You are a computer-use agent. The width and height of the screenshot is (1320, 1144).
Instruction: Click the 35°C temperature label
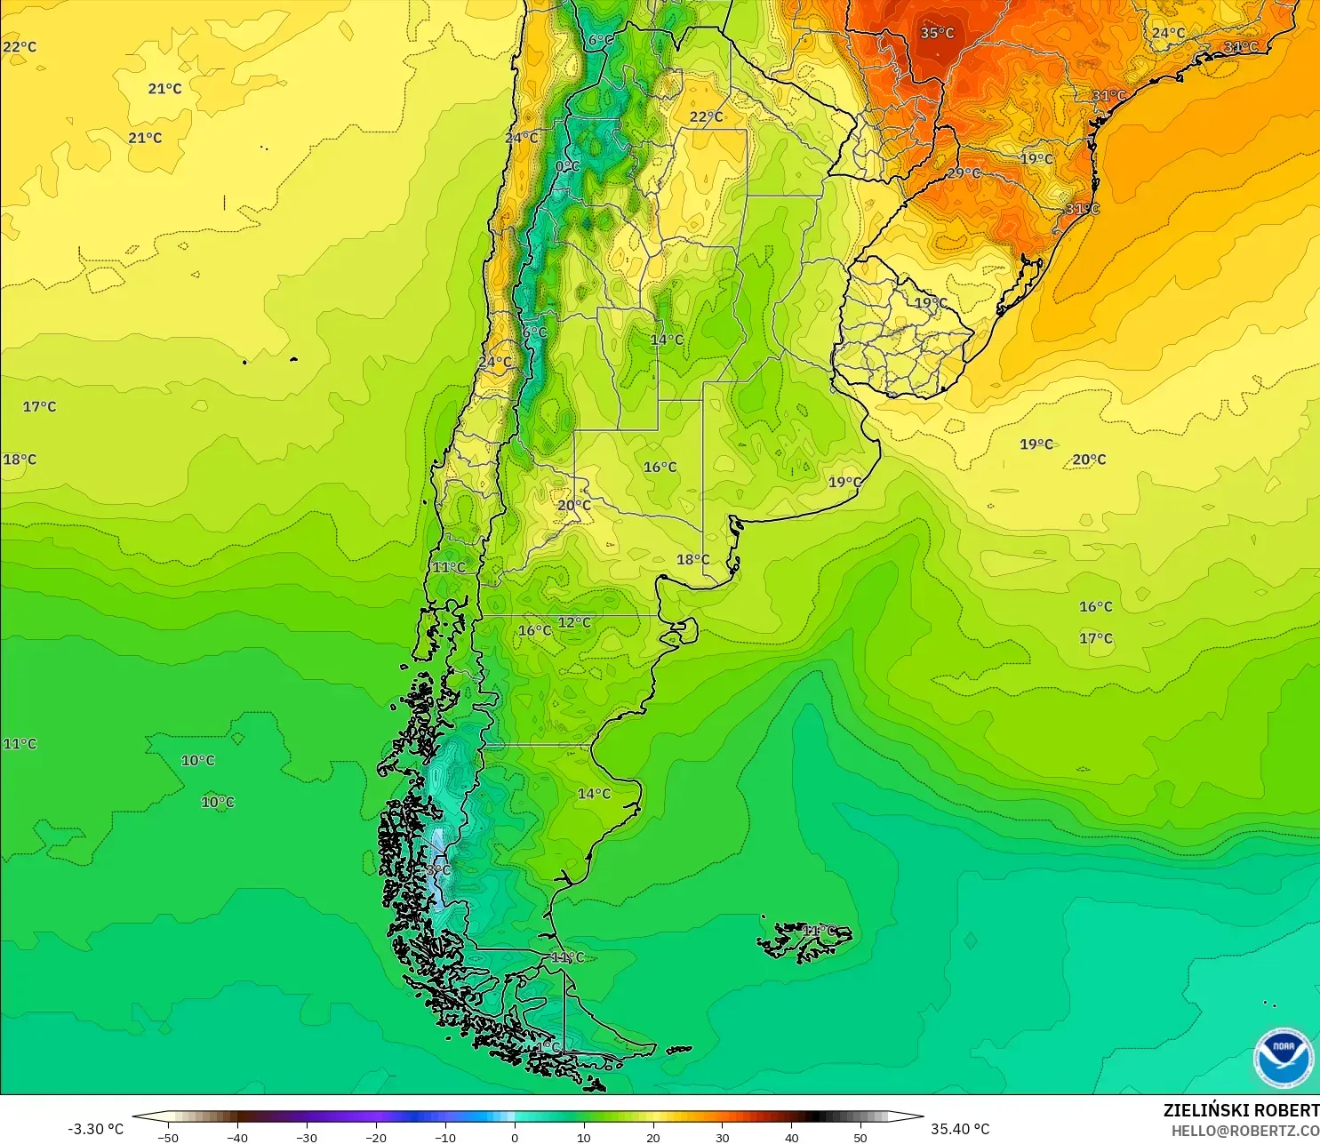(937, 33)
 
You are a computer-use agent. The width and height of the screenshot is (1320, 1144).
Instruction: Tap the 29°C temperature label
(964, 172)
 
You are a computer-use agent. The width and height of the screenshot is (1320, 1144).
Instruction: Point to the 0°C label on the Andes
(567, 166)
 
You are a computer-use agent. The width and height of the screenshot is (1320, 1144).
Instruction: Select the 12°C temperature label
(574, 622)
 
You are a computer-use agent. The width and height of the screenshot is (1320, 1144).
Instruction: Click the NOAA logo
(1284, 1057)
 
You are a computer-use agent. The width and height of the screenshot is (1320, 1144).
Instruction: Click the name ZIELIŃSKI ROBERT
(1241, 1110)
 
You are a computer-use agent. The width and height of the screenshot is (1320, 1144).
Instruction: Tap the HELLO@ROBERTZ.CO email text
(1244, 1131)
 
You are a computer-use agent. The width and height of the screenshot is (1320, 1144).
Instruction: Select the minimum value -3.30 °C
(96, 1129)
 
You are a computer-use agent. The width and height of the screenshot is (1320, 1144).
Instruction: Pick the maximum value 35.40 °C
(960, 1129)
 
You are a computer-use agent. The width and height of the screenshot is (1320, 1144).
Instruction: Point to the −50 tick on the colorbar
(167, 1137)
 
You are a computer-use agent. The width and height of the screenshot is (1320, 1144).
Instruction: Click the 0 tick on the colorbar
(514, 1137)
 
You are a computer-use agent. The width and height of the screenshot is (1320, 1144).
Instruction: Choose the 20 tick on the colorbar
(652, 1137)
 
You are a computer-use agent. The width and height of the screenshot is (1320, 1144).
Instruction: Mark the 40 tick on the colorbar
(791, 1137)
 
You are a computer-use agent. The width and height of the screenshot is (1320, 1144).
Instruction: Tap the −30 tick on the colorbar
(306, 1137)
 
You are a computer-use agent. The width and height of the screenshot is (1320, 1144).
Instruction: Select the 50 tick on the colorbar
(860, 1137)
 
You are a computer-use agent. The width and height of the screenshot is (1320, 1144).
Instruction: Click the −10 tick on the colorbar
(444, 1137)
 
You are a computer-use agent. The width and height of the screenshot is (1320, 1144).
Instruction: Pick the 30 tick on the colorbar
(722, 1137)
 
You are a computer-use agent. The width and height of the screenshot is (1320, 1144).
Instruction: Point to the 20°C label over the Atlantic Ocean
(1089, 460)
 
